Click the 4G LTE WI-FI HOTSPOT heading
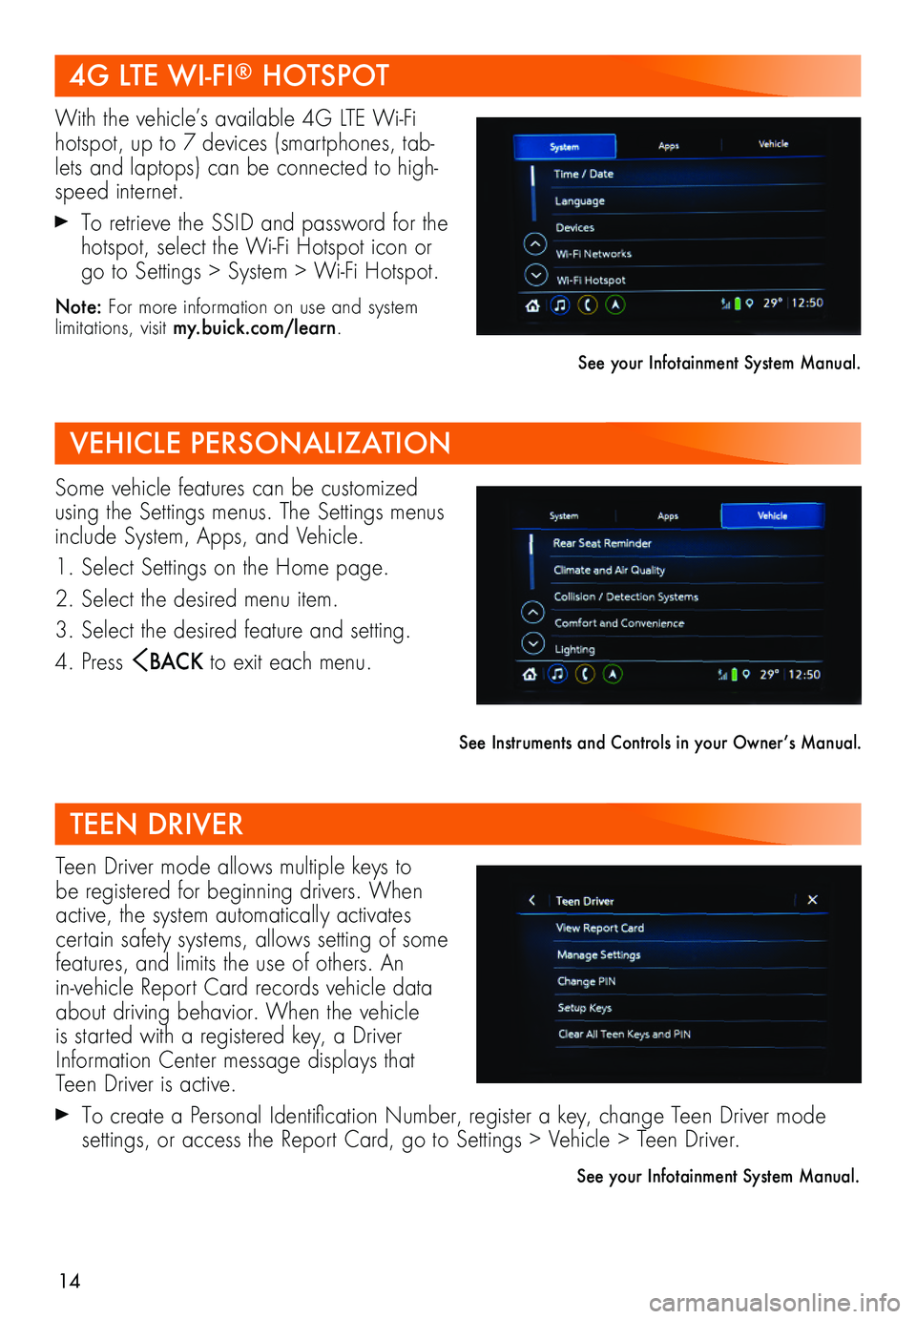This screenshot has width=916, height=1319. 229,75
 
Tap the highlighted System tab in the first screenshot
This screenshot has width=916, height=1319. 565,147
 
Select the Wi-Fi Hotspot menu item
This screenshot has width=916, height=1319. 591,281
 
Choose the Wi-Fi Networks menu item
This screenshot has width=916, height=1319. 593,254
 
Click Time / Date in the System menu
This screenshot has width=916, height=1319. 583,174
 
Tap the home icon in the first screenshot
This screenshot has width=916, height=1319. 532,305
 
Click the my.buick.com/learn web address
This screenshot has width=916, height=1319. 255,328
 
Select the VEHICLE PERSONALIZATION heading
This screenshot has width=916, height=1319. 260,443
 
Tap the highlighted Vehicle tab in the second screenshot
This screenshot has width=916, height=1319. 772,515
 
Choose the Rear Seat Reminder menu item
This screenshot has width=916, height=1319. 602,543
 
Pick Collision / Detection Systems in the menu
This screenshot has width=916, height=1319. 626,597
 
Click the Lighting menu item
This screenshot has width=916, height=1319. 574,650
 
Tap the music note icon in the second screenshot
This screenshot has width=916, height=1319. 557,674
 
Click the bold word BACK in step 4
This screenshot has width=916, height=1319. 176,661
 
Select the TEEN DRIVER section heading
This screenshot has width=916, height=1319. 156,824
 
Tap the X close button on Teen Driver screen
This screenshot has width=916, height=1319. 812,900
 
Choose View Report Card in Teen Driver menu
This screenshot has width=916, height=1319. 600,928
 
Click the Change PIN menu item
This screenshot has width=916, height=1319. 586,981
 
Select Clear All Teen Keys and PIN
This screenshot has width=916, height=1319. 624,1034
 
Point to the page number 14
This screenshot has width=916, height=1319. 70,1282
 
